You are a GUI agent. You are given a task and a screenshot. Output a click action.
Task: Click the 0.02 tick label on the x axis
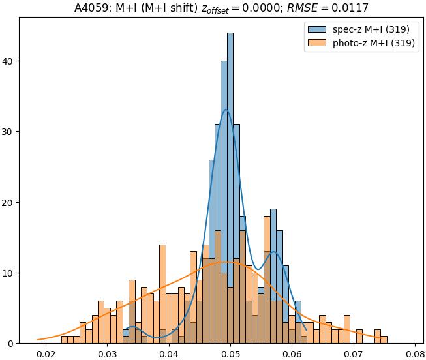coord(45,355)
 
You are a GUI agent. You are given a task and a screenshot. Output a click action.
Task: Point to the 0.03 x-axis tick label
coord(107,355)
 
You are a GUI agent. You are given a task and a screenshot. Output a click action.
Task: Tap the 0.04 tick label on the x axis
coord(168,355)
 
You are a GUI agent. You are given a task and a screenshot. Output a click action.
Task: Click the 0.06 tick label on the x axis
coord(292,355)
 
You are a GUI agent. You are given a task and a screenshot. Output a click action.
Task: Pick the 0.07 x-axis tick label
coord(353,355)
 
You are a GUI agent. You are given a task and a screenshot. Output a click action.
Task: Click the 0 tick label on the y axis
coord(11,344)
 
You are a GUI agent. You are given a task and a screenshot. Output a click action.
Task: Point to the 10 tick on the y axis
coord(8,273)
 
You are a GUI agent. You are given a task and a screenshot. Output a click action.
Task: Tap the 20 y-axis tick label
coord(8,202)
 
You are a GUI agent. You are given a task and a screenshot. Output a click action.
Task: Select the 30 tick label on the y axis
coord(8,132)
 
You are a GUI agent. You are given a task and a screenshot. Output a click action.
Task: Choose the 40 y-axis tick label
coord(8,61)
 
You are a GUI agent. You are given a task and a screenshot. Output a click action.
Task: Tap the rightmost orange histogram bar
coord(384,340)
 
